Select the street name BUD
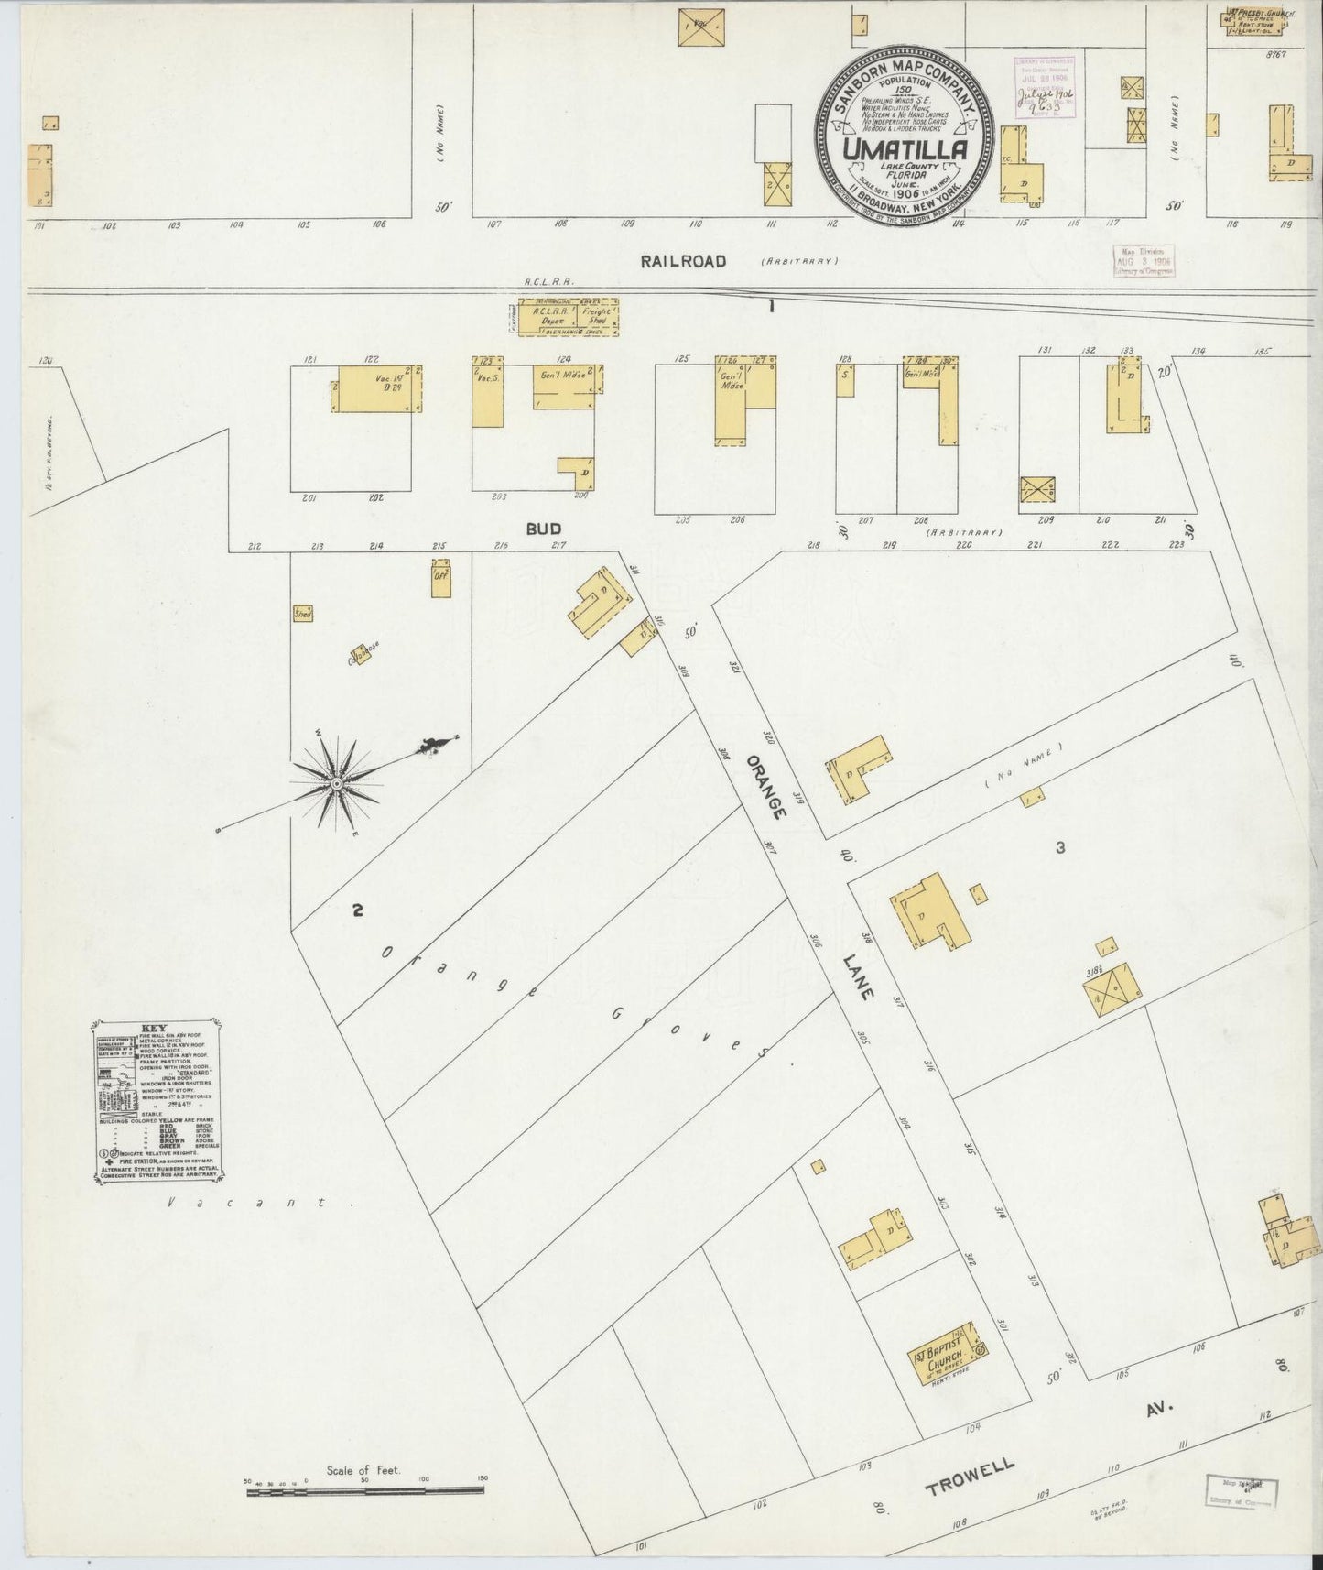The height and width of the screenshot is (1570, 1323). click(543, 529)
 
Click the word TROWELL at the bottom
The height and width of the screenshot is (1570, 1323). click(971, 1475)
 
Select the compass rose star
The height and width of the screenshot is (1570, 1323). click(336, 786)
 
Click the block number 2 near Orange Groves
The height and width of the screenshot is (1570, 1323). click(358, 910)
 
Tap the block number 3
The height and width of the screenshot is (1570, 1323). click(1060, 848)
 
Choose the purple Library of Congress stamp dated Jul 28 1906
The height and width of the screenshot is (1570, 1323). click(1043, 86)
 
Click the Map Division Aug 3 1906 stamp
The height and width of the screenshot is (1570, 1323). click(1142, 260)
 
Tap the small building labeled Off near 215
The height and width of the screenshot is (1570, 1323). click(441, 579)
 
